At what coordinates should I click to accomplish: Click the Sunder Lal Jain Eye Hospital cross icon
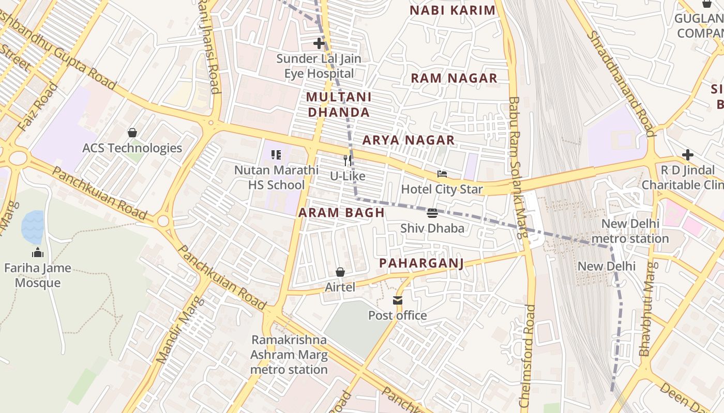click(319, 43)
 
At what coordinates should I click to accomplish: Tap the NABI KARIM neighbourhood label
click(452, 10)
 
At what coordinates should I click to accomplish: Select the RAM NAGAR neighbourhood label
click(454, 78)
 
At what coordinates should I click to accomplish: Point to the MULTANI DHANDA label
click(338, 104)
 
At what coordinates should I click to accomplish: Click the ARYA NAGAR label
click(408, 140)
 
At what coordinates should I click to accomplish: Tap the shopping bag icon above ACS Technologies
click(132, 133)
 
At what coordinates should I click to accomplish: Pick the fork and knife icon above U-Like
click(348, 161)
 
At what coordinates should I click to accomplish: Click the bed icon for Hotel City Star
click(442, 174)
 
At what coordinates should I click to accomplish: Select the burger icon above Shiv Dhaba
click(432, 213)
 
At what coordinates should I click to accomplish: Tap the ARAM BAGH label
click(341, 213)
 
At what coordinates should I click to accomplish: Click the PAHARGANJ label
click(421, 263)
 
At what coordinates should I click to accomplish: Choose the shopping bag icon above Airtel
click(340, 272)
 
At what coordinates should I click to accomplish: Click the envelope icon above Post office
click(397, 300)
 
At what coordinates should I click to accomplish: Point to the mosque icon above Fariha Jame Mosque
click(38, 253)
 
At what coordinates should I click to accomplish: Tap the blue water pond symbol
click(33, 227)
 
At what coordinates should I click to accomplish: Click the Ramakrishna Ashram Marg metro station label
click(289, 355)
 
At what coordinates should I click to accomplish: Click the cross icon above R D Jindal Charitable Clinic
click(687, 155)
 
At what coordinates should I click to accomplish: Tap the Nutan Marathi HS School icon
click(276, 155)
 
